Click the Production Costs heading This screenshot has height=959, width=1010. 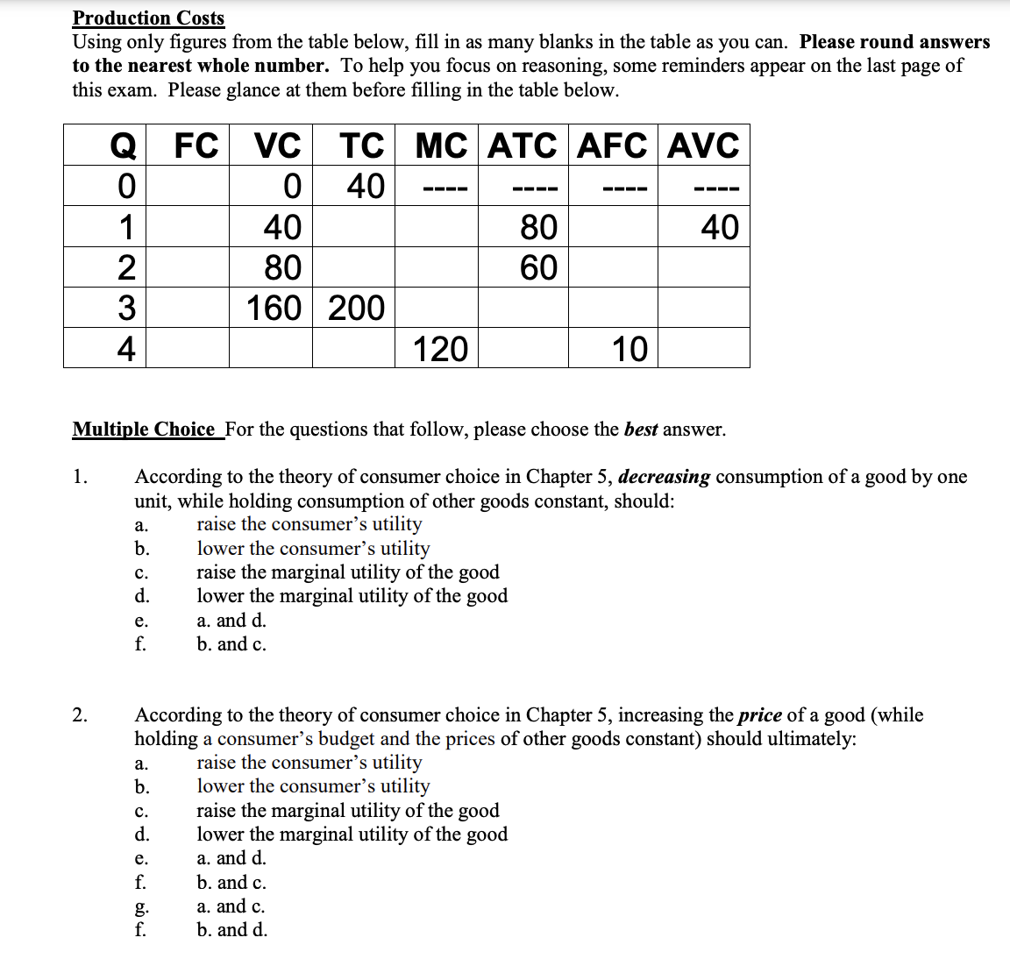(x=148, y=18)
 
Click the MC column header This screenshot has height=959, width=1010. (x=440, y=146)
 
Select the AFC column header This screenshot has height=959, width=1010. (x=612, y=146)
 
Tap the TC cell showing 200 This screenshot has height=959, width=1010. (x=356, y=308)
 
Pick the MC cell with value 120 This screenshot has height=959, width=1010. (x=440, y=349)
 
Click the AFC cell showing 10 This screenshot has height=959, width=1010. (x=629, y=349)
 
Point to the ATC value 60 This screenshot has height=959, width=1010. (x=538, y=267)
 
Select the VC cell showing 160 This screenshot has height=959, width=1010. (x=274, y=308)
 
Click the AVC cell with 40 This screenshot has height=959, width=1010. (x=719, y=227)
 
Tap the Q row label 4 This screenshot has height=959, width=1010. (x=126, y=349)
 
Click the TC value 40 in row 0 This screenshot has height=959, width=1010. (x=366, y=186)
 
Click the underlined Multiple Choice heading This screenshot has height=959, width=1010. (x=144, y=430)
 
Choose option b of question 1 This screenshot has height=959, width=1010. (x=313, y=549)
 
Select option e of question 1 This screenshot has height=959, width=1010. (x=231, y=621)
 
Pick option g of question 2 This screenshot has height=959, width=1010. (x=231, y=906)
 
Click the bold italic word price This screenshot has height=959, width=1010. (x=759, y=715)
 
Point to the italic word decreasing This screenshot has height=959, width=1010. (x=664, y=477)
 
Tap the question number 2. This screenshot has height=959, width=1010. (x=80, y=715)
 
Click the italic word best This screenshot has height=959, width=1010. (x=641, y=430)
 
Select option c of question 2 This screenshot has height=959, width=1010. (x=348, y=811)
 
